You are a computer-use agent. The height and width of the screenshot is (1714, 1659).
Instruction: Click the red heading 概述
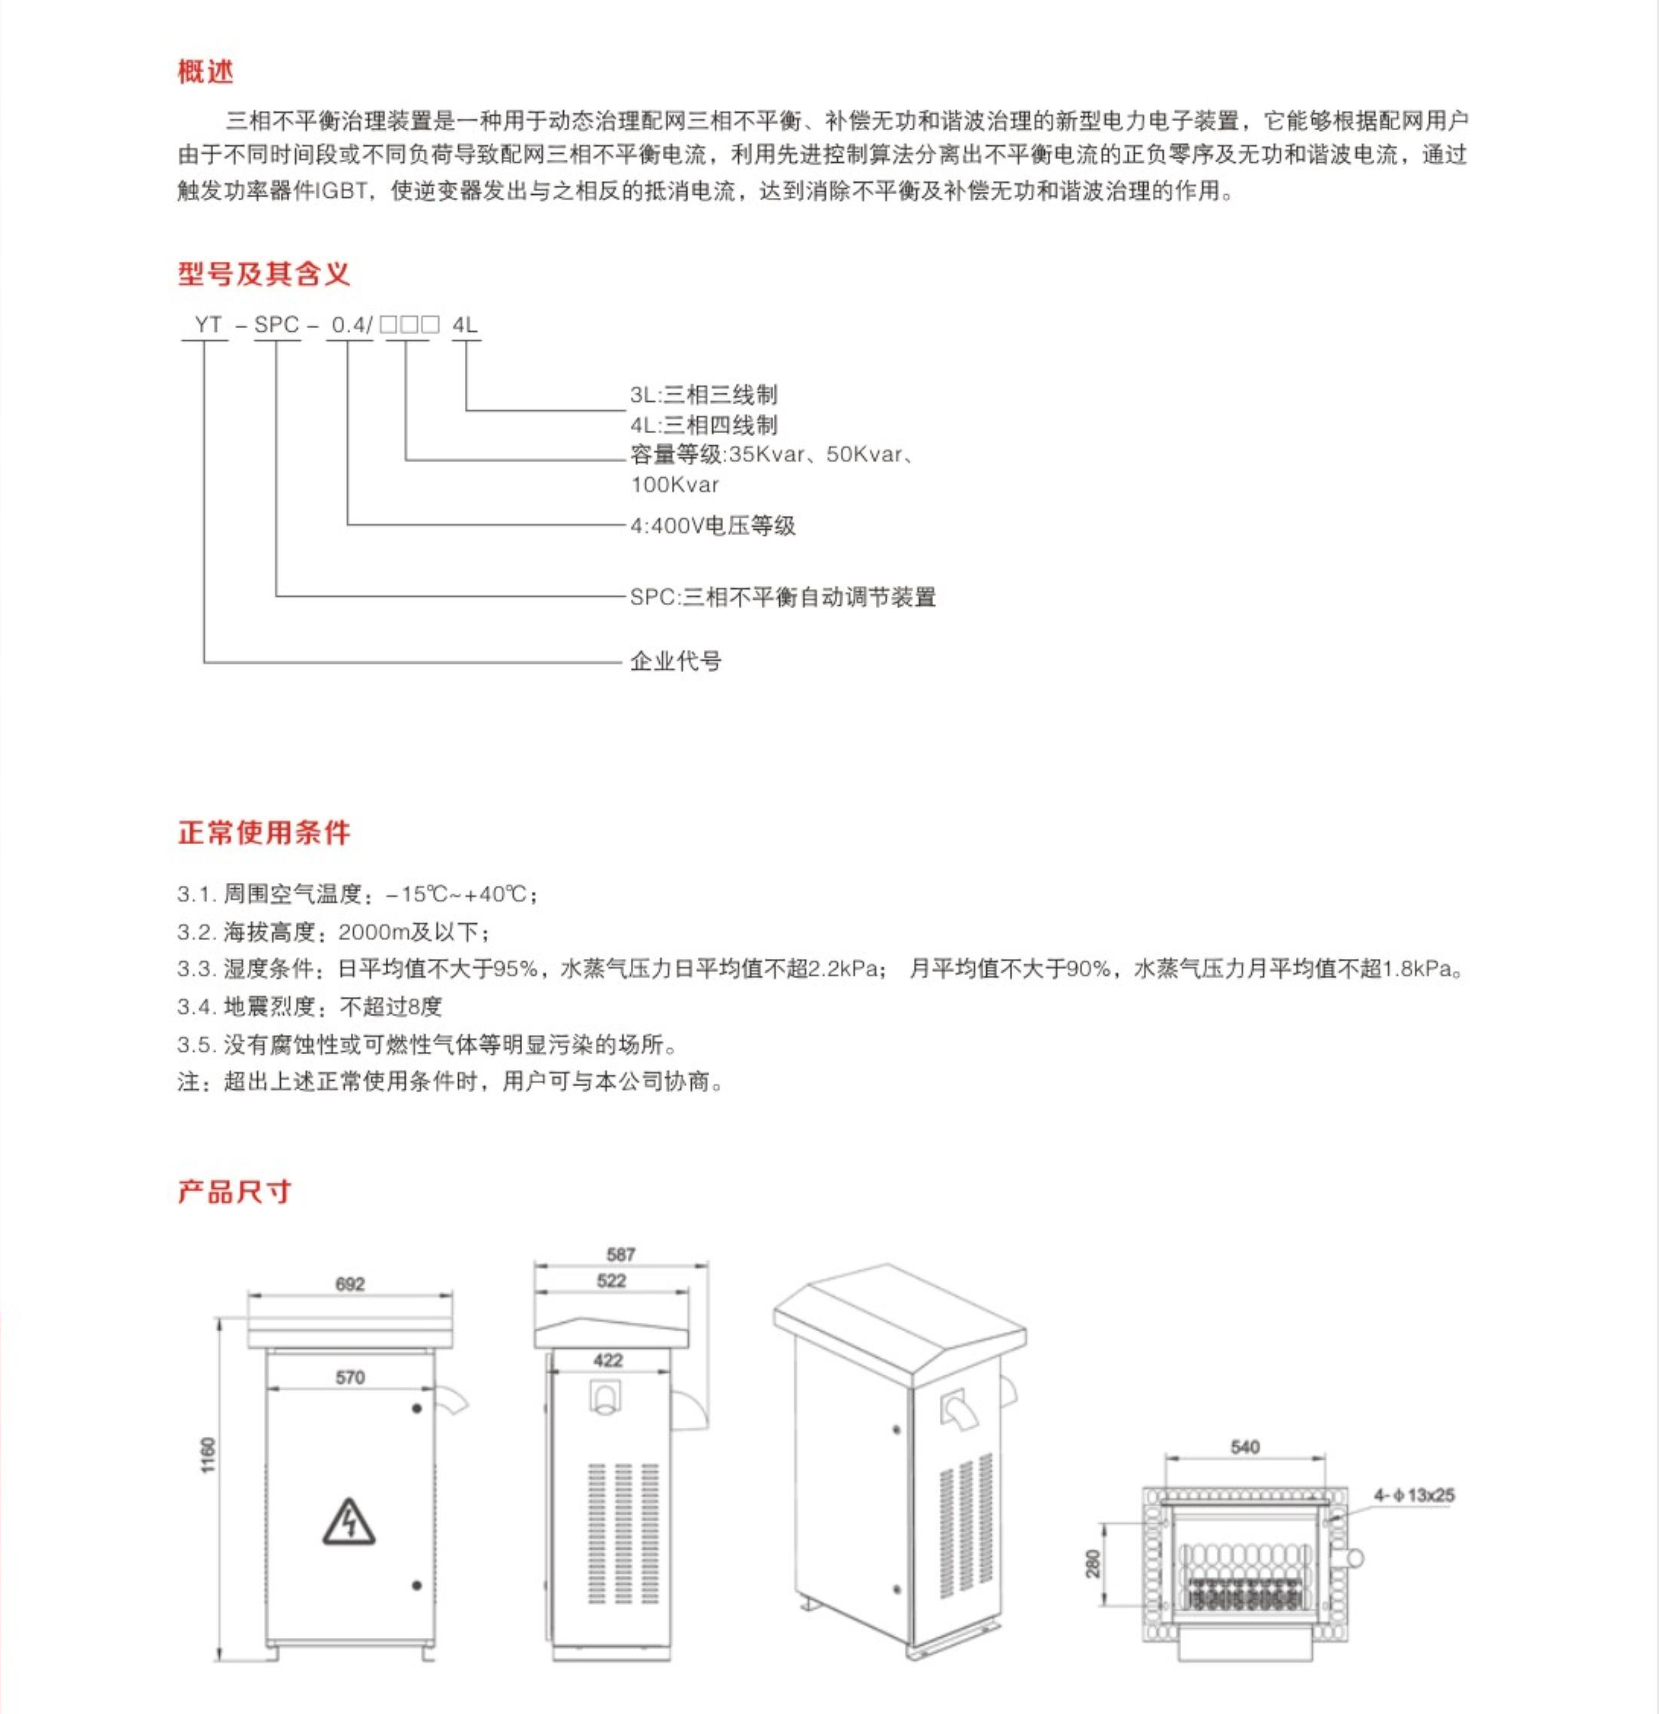click(205, 72)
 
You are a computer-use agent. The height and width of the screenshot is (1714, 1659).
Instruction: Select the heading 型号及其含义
click(263, 274)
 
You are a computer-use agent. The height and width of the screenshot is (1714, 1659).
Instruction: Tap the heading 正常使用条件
click(263, 832)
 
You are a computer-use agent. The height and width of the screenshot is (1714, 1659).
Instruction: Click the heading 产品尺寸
click(234, 1191)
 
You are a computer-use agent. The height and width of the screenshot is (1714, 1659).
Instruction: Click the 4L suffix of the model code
click(464, 324)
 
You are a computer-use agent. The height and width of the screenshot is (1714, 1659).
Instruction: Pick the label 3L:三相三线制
click(703, 394)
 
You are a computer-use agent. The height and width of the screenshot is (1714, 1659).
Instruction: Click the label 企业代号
click(675, 661)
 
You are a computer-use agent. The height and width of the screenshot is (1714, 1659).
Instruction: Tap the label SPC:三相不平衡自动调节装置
click(783, 597)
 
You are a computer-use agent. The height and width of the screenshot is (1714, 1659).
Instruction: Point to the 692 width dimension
click(350, 1284)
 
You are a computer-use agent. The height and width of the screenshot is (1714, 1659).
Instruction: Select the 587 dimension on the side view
click(621, 1254)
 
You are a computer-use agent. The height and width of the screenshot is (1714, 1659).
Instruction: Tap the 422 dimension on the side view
click(608, 1360)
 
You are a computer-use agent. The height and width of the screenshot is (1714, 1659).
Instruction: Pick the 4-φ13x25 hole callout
click(1413, 1495)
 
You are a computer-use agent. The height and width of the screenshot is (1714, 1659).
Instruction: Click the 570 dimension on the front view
click(350, 1378)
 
